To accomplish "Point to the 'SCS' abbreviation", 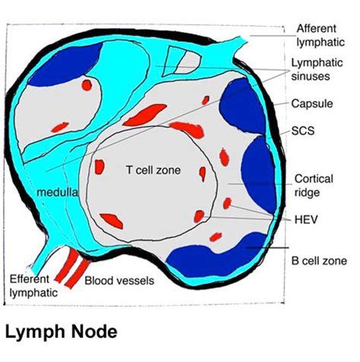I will point(304,131).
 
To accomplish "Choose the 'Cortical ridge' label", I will point(313,184).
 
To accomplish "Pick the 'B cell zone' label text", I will point(319,260).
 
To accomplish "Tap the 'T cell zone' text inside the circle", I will point(153,170).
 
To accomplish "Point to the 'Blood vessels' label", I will point(119,281).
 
